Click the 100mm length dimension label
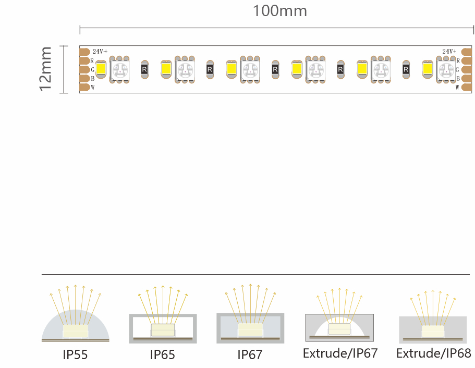pos(279,11)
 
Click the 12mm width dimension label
pos(45,69)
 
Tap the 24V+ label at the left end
pos(100,52)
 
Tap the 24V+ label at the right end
pos(449,52)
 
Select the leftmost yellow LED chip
pos(101,68)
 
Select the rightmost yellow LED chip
pos(428,68)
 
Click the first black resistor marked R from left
pos(144,69)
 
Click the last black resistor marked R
pos(406,69)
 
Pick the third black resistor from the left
pos(275,69)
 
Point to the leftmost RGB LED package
pos(119,70)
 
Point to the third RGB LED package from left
pos(250,70)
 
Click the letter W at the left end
pos(93,87)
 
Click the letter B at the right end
pos(458,78)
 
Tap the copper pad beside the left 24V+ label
pos(84,52)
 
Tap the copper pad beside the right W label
pos(467,87)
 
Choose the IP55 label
pos(75,354)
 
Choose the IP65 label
pos(162,354)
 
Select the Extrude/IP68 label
pos(433,353)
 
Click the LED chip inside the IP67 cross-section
pos(250,330)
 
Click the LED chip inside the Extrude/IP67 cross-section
pos(339,329)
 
